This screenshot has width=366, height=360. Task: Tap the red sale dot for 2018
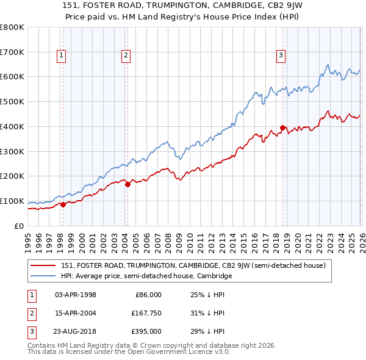point(282,128)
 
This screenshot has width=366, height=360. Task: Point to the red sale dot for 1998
point(63,205)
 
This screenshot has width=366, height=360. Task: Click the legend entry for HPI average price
point(146,276)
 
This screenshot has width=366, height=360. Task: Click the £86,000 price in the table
point(148,295)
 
